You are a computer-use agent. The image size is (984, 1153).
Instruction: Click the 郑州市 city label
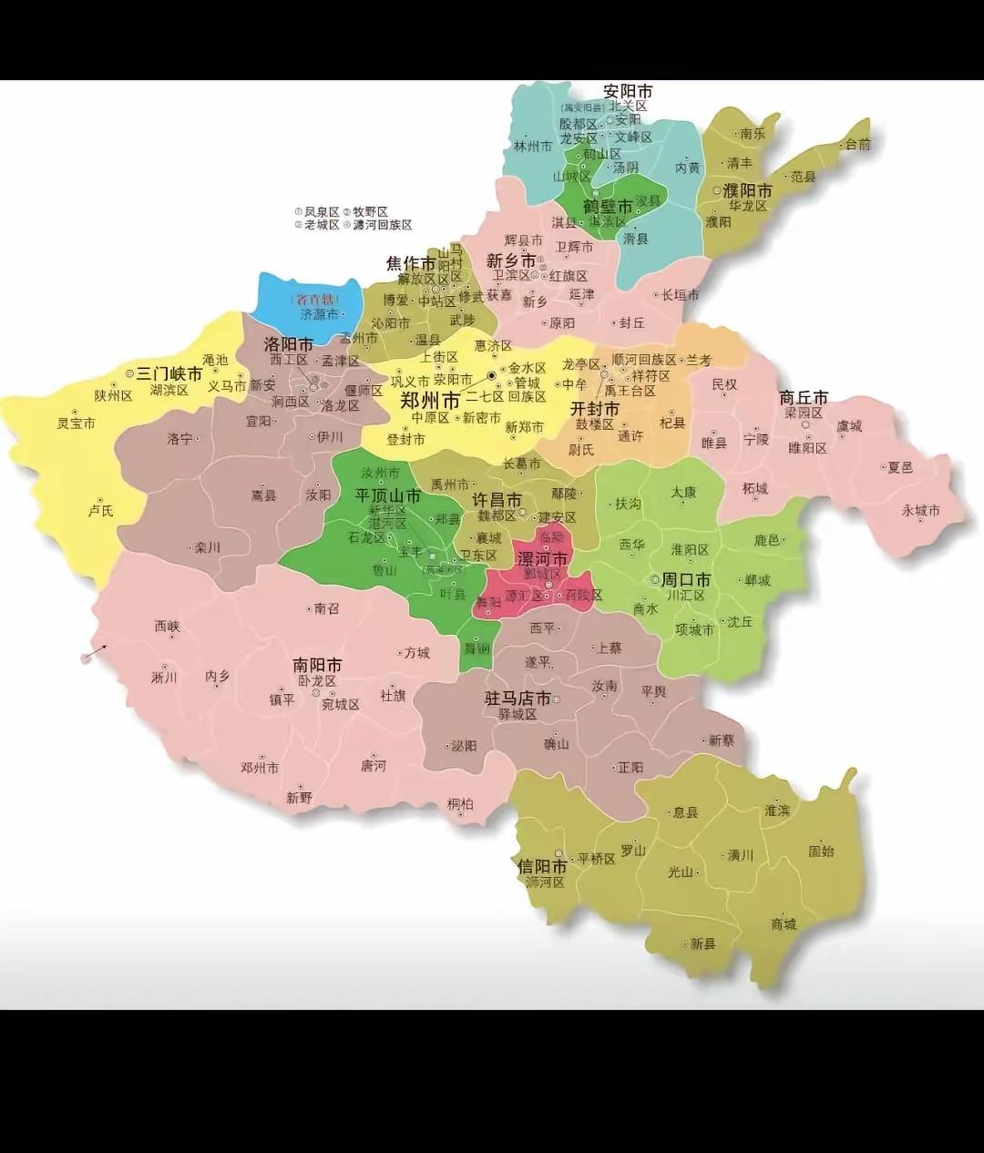click(430, 401)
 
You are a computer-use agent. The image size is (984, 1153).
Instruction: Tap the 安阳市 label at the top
click(628, 92)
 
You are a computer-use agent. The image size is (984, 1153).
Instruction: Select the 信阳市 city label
click(542, 865)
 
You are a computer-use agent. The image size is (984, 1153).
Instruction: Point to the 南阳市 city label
click(317, 665)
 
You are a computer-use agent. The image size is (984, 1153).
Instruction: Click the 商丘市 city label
click(804, 398)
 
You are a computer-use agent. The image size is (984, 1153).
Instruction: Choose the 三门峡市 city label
click(169, 373)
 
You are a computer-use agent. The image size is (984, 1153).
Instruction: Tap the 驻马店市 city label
click(517, 699)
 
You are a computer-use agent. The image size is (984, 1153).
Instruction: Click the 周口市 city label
click(685, 579)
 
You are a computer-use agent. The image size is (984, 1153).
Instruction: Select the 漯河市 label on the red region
click(542, 558)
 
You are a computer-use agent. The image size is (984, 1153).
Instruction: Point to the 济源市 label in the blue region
click(319, 314)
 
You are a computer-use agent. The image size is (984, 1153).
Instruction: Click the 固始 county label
click(821, 852)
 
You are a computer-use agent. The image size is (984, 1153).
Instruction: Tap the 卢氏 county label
click(100, 510)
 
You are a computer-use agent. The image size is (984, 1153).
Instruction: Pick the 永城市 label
click(920, 510)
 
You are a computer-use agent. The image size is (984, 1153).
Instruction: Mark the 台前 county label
click(857, 144)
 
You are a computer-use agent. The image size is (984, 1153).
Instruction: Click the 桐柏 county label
click(460, 803)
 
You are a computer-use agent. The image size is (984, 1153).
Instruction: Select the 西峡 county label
click(167, 627)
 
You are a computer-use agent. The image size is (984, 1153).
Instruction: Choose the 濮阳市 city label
click(747, 190)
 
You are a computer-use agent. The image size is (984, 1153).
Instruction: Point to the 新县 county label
click(702, 944)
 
